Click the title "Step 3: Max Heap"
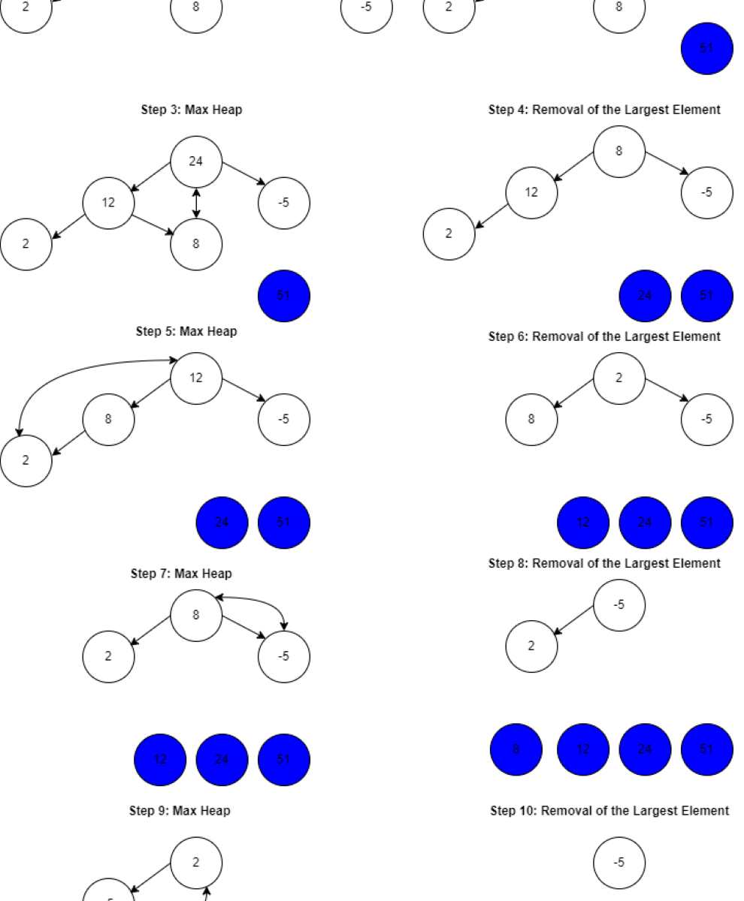pyautogui.click(x=192, y=110)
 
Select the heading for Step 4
pyautogui.click(x=604, y=110)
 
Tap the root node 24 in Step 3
pyautogui.click(x=196, y=161)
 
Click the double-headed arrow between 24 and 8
pyautogui.click(x=196, y=203)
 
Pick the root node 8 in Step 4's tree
pyautogui.click(x=619, y=151)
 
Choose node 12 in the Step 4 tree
pyautogui.click(x=531, y=192)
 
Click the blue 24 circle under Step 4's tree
pyautogui.click(x=645, y=295)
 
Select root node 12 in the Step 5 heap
pyautogui.click(x=196, y=378)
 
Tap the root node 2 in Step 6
pyautogui.click(x=619, y=378)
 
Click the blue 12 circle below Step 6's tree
pyautogui.click(x=583, y=523)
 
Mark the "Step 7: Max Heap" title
pyautogui.click(x=181, y=574)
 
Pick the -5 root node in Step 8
pyautogui.click(x=619, y=604)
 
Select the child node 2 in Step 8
pyautogui.click(x=531, y=646)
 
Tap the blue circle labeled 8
pyautogui.click(x=516, y=749)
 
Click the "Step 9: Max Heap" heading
pyautogui.click(x=180, y=811)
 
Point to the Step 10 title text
pyautogui.click(x=609, y=811)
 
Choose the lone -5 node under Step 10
pyautogui.click(x=619, y=863)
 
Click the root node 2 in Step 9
pyautogui.click(x=196, y=863)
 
